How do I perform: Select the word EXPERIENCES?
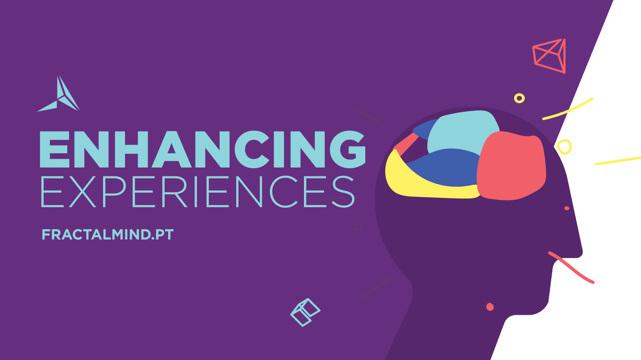coord(197,191)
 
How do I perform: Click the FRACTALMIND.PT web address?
coord(107,234)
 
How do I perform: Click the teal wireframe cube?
coord(305,313)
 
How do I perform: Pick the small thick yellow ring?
coord(519,98)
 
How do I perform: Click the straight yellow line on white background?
coord(618,161)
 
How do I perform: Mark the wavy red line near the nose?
coord(571,267)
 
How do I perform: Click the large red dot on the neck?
coord(490,307)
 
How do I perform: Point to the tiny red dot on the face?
coord(567,208)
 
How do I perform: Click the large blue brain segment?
coord(445,167)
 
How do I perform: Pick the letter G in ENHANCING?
coord(348,149)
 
